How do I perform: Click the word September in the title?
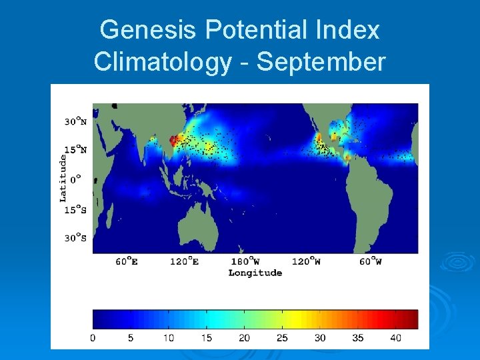point(321,61)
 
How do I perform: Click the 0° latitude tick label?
point(76,179)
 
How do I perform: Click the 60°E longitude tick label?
point(127,261)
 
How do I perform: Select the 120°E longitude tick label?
point(185,261)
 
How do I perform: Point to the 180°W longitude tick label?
point(245,261)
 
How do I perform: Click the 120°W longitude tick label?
point(307,261)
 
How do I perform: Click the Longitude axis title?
point(255,273)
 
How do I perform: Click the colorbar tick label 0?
point(93,338)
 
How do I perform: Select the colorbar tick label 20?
point(245,338)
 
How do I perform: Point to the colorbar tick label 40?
point(396,338)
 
